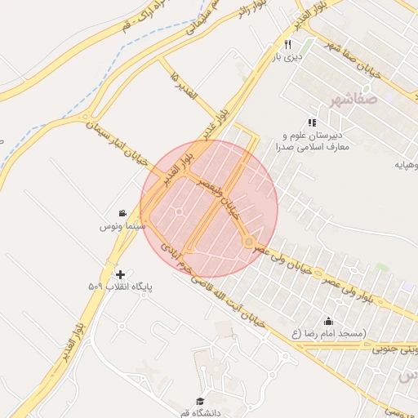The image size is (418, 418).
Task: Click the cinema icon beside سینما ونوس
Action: (x=122, y=213)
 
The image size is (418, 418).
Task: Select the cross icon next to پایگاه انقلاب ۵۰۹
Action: (x=121, y=274)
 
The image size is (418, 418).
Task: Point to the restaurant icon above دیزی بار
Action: (x=287, y=44)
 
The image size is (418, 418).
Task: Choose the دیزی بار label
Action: (x=287, y=57)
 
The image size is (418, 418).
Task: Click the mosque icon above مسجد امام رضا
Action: (x=328, y=321)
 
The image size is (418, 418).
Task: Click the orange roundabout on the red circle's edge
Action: (x=247, y=242)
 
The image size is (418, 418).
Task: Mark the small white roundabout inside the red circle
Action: (x=179, y=213)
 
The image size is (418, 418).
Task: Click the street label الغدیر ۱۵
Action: (x=185, y=84)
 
